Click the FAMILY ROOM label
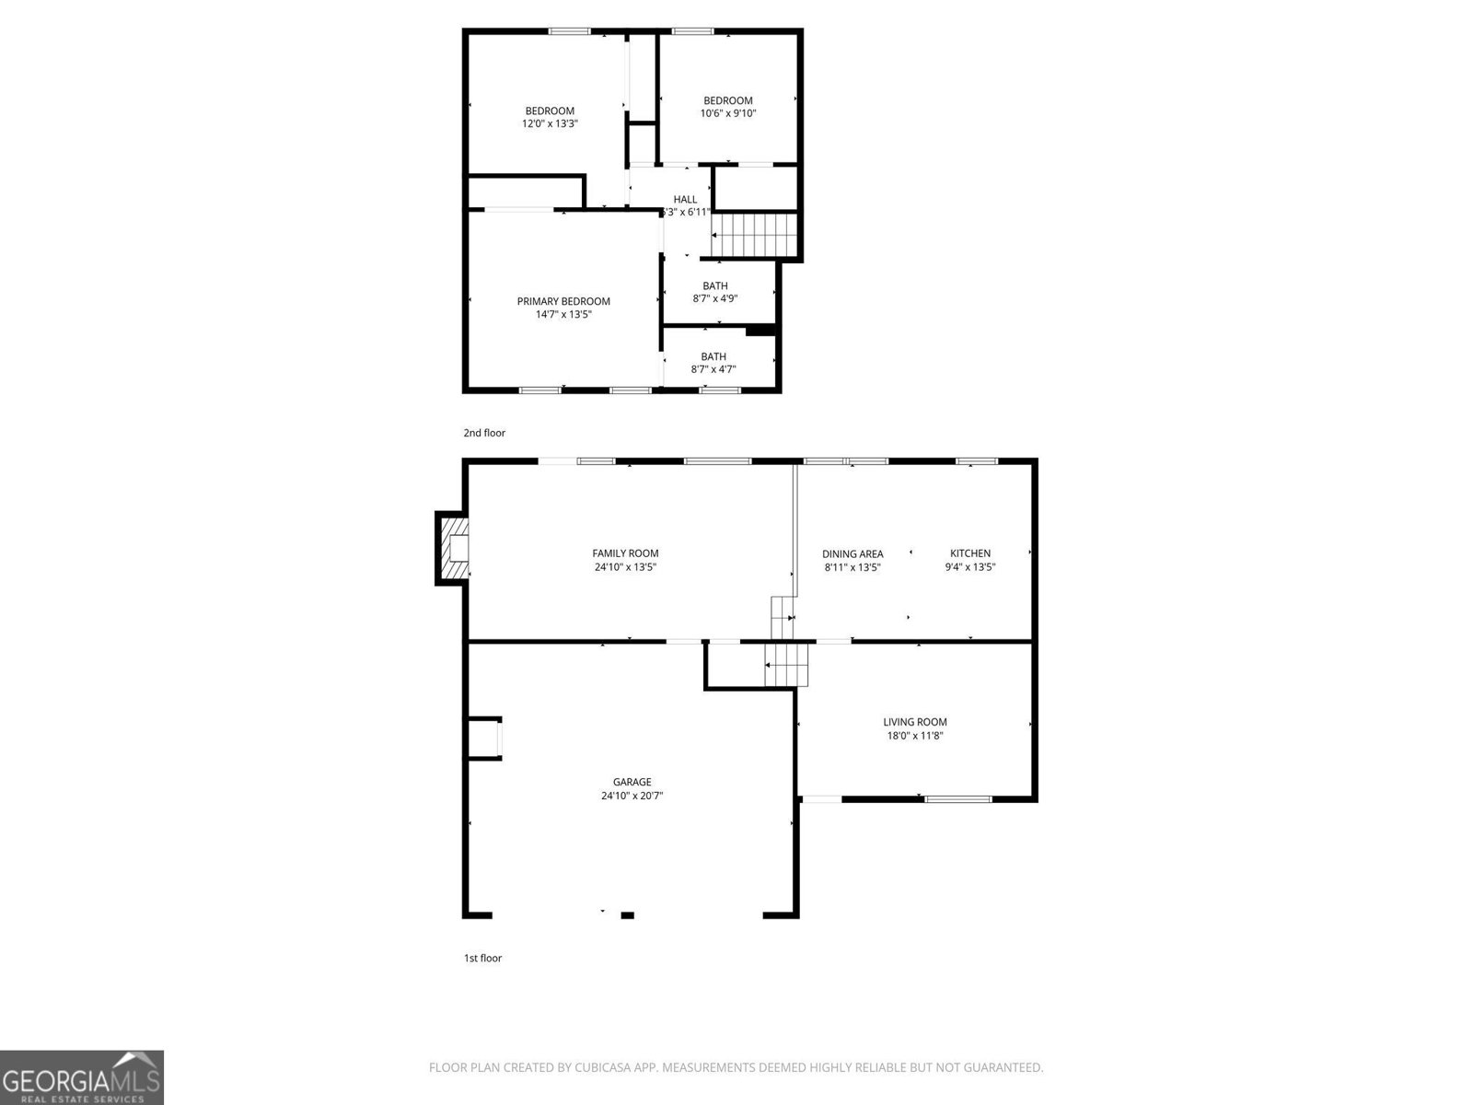(625, 553)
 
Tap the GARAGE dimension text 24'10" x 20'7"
(632, 796)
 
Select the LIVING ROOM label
(914, 722)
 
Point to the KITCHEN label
(969, 553)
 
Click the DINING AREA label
(852, 554)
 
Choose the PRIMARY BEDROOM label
(563, 301)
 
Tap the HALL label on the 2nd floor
(685, 199)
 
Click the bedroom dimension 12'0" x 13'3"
(550, 123)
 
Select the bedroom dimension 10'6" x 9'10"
(727, 113)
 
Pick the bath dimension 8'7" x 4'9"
(714, 298)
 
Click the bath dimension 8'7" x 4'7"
(713, 369)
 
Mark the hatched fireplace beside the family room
(453, 548)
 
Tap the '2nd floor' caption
(484, 433)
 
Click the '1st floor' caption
(482, 958)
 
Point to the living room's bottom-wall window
(957, 799)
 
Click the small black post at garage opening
(627, 914)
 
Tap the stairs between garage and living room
(787, 664)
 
